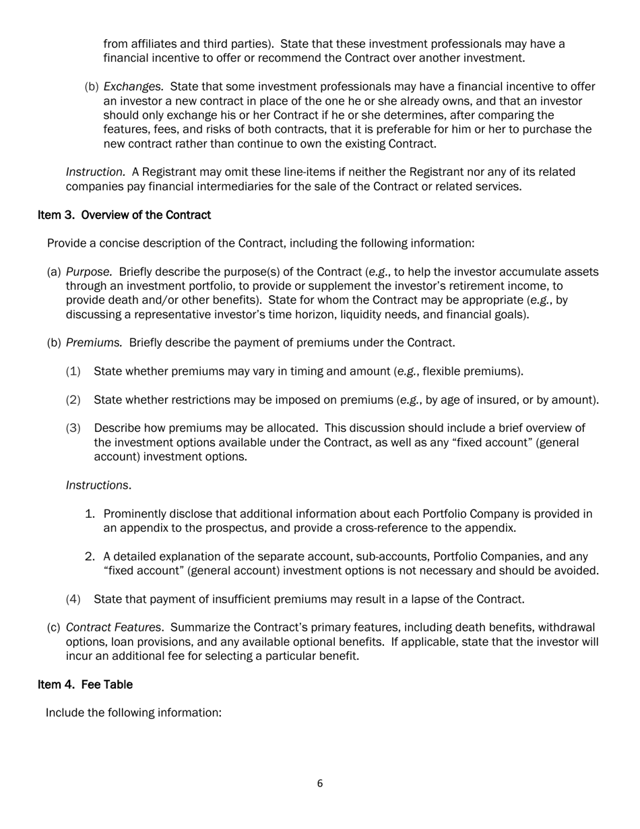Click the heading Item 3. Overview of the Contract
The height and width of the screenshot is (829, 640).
124,215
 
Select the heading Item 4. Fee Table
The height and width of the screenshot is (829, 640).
85,685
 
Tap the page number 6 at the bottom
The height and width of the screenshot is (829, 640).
320,783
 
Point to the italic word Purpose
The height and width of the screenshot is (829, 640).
89,272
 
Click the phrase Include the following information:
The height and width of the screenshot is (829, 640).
133,713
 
